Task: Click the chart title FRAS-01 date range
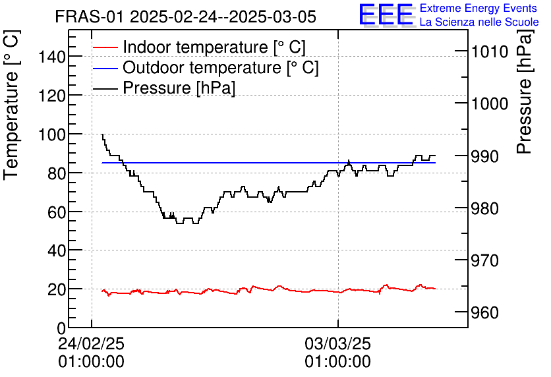pyautogui.click(x=185, y=16)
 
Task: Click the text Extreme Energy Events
pyautogui.click(x=479, y=9)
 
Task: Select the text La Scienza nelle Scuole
pyautogui.click(x=479, y=22)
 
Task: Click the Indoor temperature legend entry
pyautogui.click(x=214, y=47)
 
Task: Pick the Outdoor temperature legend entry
pyautogui.click(x=221, y=67)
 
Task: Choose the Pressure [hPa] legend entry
pyautogui.click(x=179, y=88)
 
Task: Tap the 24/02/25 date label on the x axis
pyautogui.click(x=91, y=344)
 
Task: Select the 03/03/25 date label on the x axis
pyautogui.click(x=337, y=344)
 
